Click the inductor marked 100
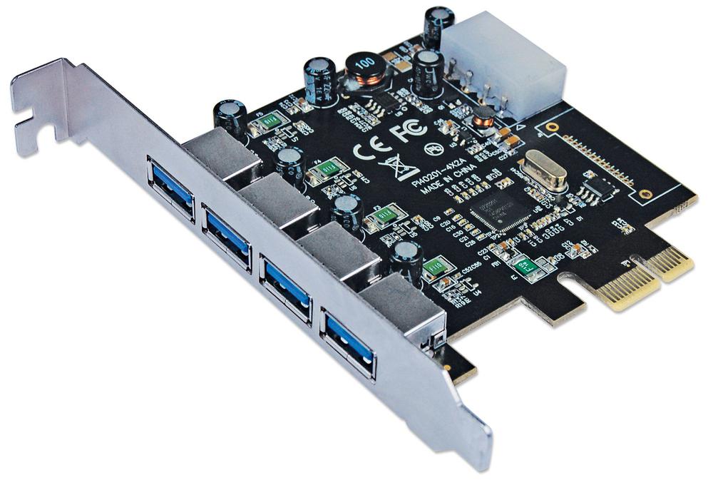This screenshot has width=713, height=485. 364,68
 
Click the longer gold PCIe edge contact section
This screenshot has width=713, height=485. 628,288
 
